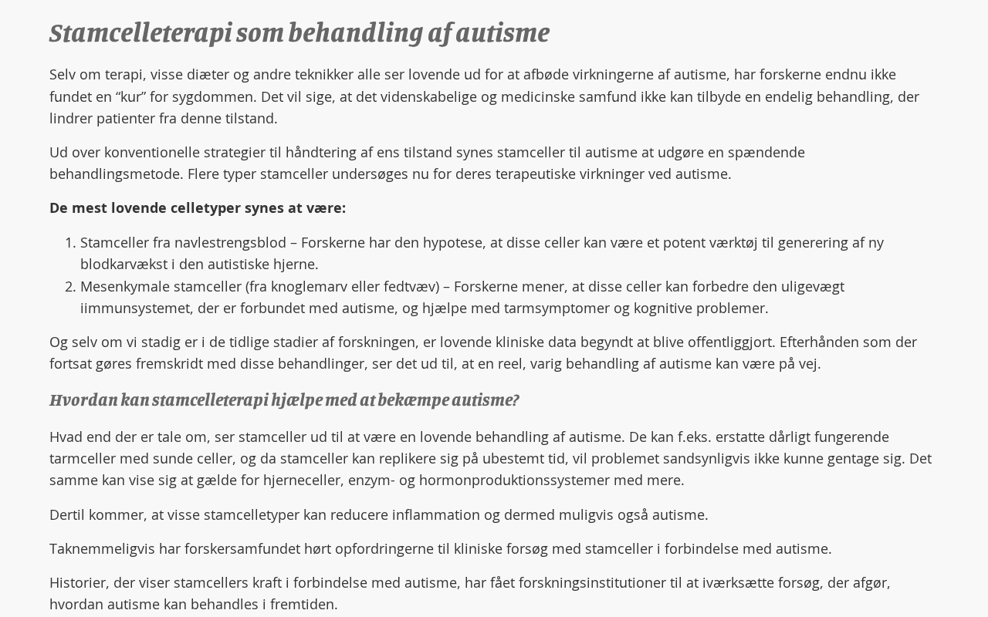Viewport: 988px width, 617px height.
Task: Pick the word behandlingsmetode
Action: [116, 174]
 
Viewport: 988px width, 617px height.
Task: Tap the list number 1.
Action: [69, 243]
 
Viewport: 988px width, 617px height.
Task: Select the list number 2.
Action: [69, 287]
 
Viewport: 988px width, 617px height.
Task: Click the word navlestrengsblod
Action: [230, 243]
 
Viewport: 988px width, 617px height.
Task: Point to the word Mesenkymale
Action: [124, 287]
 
